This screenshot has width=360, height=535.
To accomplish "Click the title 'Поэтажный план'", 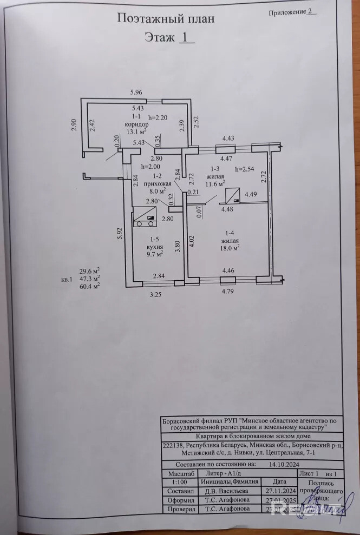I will [x=166, y=18].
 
